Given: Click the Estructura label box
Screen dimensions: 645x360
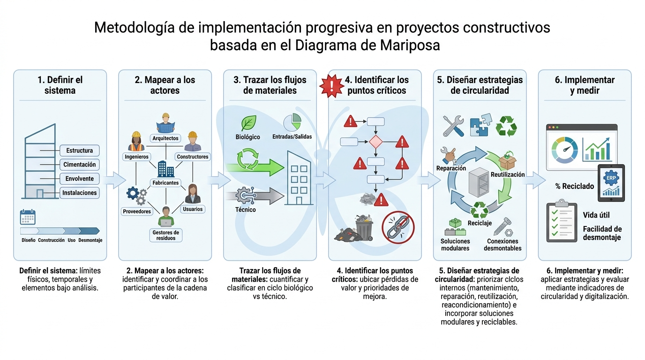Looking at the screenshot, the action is click(x=80, y=150).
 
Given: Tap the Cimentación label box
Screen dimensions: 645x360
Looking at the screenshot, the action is click(x=80, y=165).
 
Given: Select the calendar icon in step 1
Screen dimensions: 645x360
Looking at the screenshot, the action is click(x=28, y=217).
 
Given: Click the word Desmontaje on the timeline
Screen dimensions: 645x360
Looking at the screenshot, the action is click(x=90, y=240).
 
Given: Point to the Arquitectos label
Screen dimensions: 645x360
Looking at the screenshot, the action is click(x=165, y=138).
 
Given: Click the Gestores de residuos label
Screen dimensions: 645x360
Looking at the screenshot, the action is click(x=166, y=235).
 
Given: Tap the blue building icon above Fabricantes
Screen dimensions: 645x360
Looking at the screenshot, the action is click(x=165, y=169).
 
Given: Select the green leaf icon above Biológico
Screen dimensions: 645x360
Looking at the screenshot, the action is click(x=248, y=123).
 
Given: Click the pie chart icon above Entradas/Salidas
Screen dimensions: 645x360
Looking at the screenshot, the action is click(x=292, y=122).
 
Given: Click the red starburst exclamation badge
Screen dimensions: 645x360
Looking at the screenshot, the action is click(x=332, y=86).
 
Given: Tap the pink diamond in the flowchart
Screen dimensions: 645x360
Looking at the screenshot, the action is click(x=376, y=142).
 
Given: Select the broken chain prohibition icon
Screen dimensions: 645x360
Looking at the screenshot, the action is click(x=398, y=227).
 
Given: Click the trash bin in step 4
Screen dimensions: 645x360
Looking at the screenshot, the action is click(x=364, y=227).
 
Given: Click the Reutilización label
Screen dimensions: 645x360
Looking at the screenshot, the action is click(x=508, y=174).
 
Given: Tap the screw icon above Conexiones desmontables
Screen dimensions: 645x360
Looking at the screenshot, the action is click(x=503, y=227).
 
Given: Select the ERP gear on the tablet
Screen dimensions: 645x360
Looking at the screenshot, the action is click(x=611, y=178).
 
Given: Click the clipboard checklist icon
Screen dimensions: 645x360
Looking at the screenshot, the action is click(x=562, y=221).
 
